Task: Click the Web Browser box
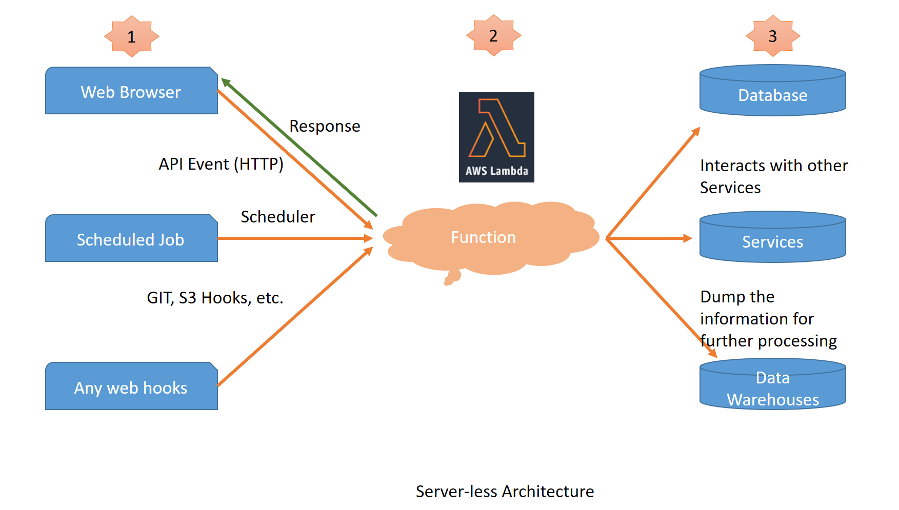[131, 91]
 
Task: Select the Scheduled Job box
[131, 239]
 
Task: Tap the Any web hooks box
[131, 387]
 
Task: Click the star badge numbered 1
[132, 36]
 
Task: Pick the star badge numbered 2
[493, 35]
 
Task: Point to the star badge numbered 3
[773, 36]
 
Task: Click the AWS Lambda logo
[496, 137]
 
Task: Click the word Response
[325, 126]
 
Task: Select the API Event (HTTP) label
[221, 164]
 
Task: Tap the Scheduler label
[278, 217]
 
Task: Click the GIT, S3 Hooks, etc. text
[215, 298]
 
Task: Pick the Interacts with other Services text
[773, 176]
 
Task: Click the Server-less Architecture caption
[505, 492]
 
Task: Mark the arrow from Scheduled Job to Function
[295, 238]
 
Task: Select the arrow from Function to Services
[649, 238]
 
